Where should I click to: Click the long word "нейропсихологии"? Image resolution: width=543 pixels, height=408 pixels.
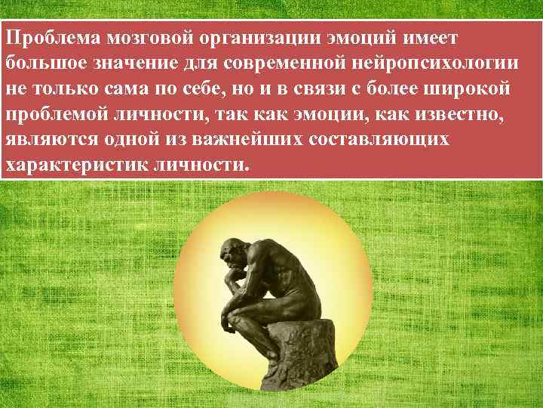pyautogui.click(x=445, y=63)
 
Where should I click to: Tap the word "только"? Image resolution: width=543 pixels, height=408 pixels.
pyautogui.click(x=69, y=88)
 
